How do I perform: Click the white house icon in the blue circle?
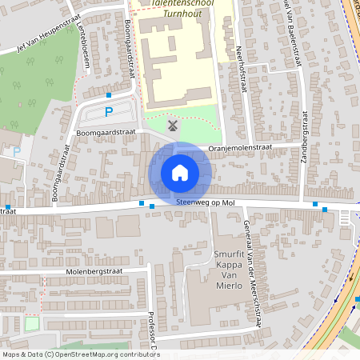click(180, 173)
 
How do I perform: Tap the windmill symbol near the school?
click(171, 124)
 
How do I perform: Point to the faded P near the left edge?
click(17, 150)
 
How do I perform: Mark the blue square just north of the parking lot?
click(108, 94)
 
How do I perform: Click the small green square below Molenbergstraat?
click(32, 323)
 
